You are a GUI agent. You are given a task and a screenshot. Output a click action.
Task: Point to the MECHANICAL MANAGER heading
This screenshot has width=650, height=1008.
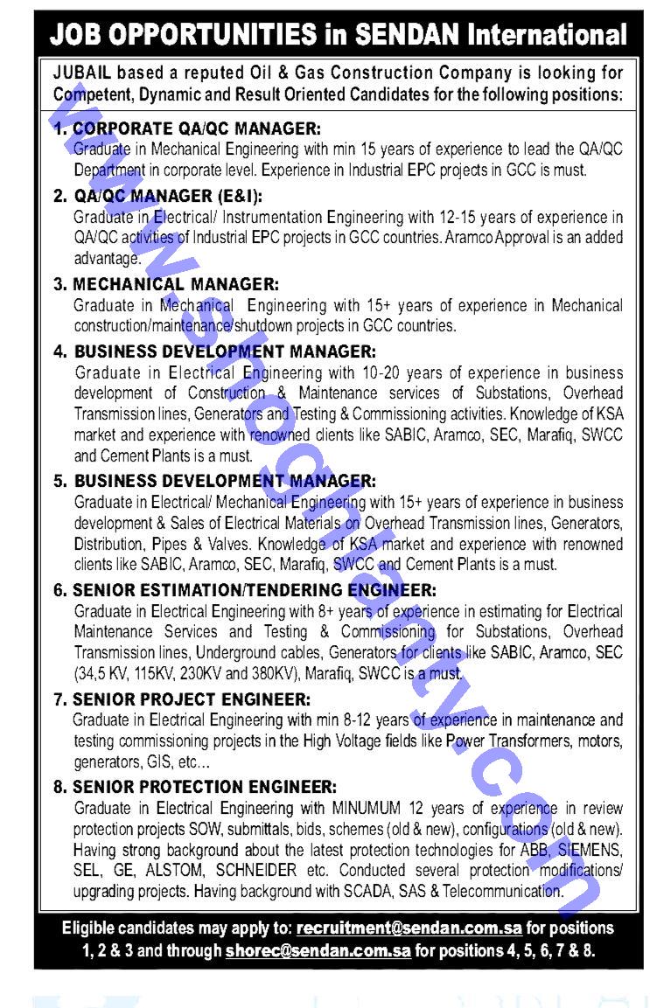coord(176,284)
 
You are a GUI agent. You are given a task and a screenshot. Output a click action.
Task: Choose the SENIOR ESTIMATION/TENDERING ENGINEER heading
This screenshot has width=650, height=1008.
coord(255,590)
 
